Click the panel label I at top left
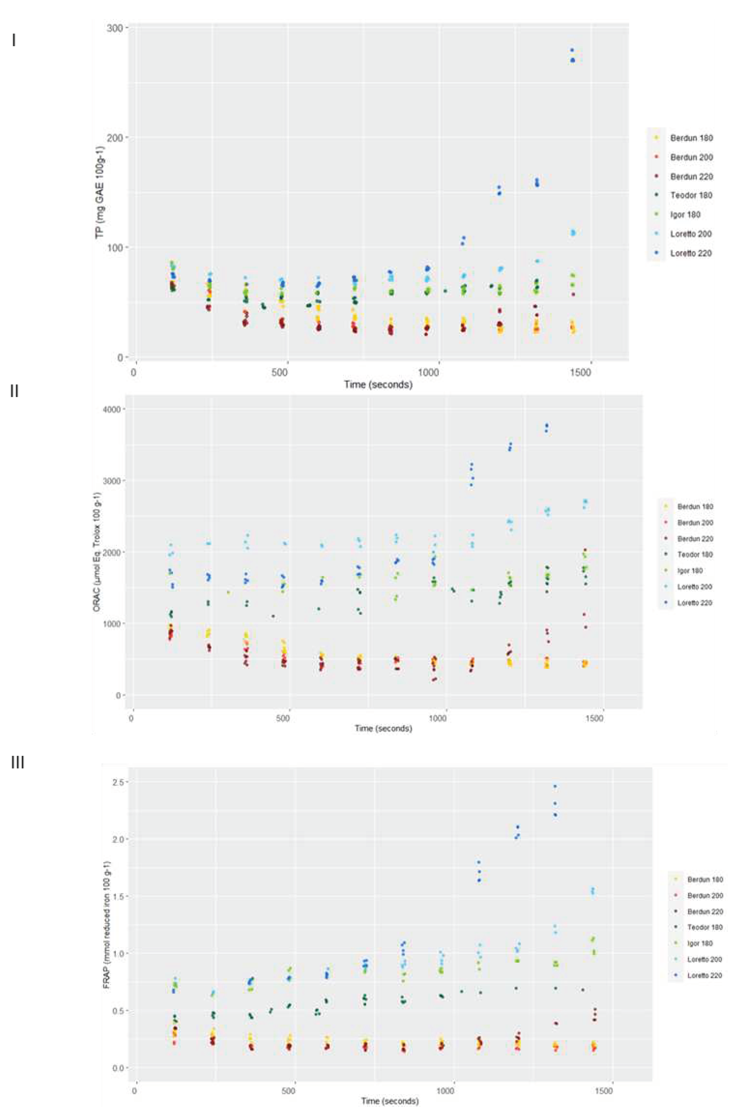pyautogui.click(x=14, y=41)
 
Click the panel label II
pyautogui.click(x=14, y=391)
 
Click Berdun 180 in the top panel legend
pyautogui.click(x=691, y=138)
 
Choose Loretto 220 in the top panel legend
pyautogui.click(x=691, y=253)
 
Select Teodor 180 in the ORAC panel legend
pyautogui.click(x=695, y=554)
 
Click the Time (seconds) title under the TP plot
pyautogui.click(x=378, y=385)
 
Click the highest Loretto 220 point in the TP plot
pyautogui.click(x=572, y=50)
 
